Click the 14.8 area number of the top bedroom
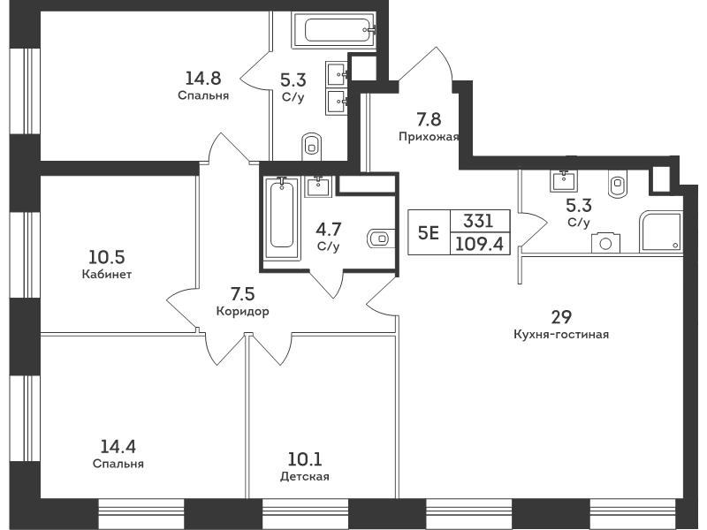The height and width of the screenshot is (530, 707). click(x=203, y=79)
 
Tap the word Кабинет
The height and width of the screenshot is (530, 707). click(x=107, y=274)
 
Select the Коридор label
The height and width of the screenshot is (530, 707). click(x=242, y=311)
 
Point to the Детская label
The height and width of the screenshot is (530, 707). click(x=304, y=476)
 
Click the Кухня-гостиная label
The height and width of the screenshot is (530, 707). click(x=561, y=335)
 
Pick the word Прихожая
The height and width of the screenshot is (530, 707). click(x=429, y=137)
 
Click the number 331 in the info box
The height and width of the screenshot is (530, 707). click(x=479, y=221)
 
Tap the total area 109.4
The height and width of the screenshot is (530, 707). click(x=479, y=245)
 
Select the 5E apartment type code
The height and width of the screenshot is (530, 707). click(x=429, y=233)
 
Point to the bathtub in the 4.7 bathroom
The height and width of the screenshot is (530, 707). click(x=282, y=218)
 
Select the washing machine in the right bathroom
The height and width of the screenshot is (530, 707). click(x=605, y=244)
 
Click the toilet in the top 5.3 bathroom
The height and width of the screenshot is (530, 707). click(x=311, y=146)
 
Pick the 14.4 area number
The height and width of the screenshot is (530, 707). click(x=118, y=447)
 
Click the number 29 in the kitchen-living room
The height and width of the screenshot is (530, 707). click(x=561, y=317)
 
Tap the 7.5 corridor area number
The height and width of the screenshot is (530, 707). click(x=242, y=294)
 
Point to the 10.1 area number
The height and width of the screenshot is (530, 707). click(x=305, y=459)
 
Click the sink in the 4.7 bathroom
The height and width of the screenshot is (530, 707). click(x=318, y=185)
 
